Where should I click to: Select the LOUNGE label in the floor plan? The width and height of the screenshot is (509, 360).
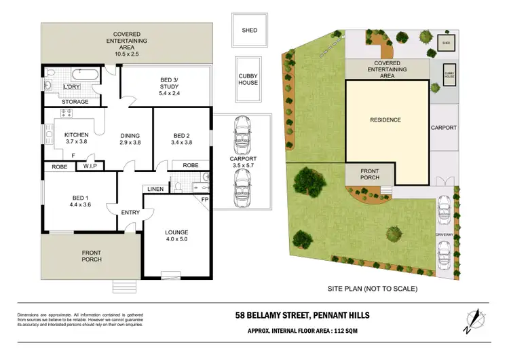[x=176, y=232]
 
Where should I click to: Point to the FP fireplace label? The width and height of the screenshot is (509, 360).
[x=204, y=199]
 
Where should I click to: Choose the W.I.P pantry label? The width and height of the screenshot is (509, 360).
[x=91, y=165]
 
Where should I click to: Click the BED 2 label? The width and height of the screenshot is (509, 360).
[x=184, y=134]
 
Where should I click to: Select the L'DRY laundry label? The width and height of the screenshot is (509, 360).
[x=72, y=87]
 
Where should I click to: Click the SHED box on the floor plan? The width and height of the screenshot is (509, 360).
[x=250, y=31]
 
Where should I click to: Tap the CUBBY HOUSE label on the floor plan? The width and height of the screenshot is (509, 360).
[x=248, y=79]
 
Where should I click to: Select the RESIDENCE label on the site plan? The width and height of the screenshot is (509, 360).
[x=385, y=120]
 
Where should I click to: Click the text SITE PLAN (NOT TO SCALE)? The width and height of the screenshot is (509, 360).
[x=372, y=288]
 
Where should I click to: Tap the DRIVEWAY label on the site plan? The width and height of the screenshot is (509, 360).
[x=445, y=235]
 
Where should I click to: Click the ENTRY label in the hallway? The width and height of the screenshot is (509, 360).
[x=130, y=213]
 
